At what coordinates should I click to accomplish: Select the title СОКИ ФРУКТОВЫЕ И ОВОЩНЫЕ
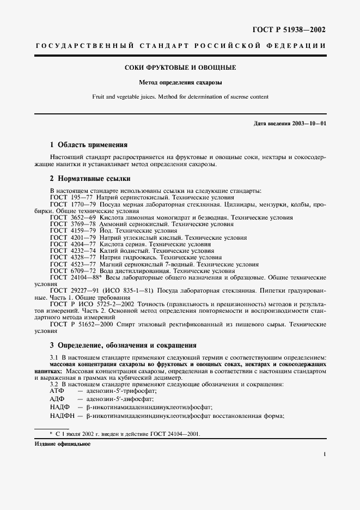click(x=180, y=68)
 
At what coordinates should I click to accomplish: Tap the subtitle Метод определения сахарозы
click(x=180, y=83)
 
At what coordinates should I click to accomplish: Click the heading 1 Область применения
click(x=88, y=145)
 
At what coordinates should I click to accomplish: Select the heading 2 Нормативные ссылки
click(x=90, y=179)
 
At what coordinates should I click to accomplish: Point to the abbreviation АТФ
click(x=57, y=391)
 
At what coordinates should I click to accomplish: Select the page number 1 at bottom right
click(x=325, y=453)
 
